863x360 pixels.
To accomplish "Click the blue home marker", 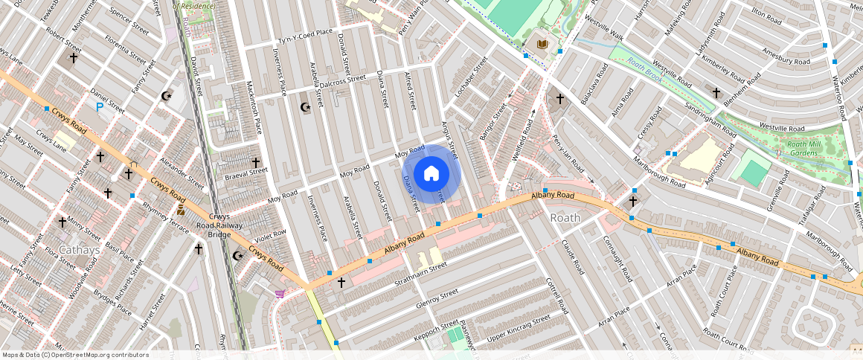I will coord(431,174).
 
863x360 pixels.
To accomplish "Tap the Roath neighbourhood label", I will coord(565,218).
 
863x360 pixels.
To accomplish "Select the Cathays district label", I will coord(80,250).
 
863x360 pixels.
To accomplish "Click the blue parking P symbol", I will coord(99,108).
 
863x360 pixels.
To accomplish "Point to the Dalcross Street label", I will coord(342,78).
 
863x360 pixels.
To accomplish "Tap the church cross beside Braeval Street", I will coord(255,161).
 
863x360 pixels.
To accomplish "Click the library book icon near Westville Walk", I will coord(542,45).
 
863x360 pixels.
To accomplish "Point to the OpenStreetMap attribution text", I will coord(76,355).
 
